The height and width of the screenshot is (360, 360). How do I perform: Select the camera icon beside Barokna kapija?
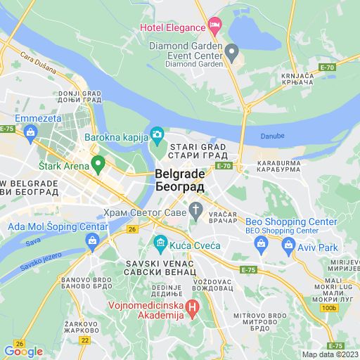pos(157,134)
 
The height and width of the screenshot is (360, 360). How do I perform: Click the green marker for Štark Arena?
pos(98,166)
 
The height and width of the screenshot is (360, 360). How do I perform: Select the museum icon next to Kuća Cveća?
pos(160,244)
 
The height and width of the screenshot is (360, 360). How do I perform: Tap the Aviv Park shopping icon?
pos(288,247)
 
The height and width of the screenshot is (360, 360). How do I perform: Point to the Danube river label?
pos(275,135)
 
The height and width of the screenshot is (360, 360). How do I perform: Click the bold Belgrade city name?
pos(179,174)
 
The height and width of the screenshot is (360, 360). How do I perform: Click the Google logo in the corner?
pos(23,352)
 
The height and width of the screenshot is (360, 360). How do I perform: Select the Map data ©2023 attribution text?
pos(330,354)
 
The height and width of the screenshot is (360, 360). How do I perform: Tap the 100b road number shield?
pos(328,308)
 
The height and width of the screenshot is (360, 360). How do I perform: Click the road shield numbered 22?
pos(85,340)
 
